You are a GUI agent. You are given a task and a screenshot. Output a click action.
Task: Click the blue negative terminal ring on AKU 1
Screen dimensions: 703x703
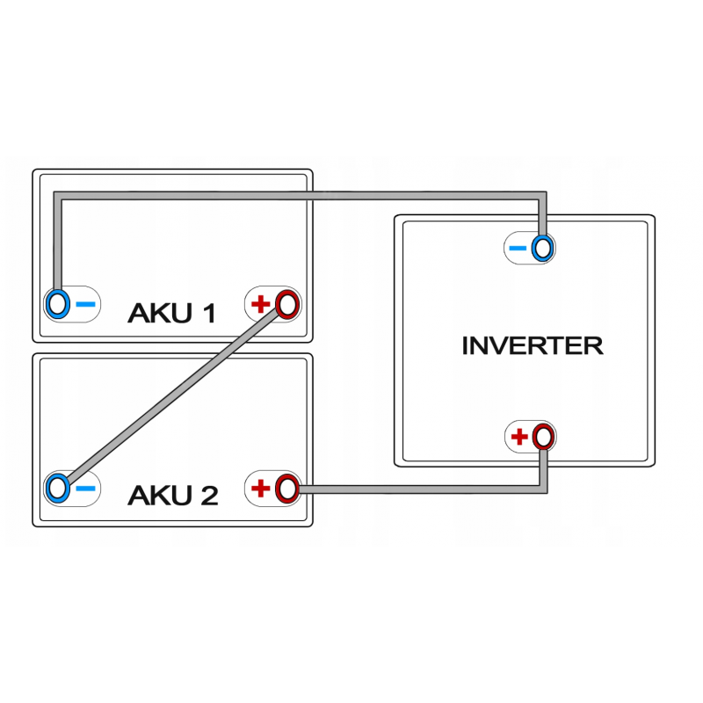click(58, 304)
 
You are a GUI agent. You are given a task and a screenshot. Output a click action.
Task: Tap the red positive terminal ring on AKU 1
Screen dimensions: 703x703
click(286, 304)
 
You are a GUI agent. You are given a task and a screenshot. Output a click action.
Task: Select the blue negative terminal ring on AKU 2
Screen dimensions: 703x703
click(58, 488)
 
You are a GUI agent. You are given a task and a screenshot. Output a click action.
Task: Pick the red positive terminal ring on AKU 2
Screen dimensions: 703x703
click(286, 488)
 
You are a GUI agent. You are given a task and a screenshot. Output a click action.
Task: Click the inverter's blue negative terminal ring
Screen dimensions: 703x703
click(542, 249)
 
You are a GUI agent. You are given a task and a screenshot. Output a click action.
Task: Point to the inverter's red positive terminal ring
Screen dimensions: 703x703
click(543, 436)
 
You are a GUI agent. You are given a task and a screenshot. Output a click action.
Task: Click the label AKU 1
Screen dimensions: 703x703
click(172, 313)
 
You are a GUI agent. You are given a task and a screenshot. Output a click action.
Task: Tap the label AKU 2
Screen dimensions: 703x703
click(172, 496)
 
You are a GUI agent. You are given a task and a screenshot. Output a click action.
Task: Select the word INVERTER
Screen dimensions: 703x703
click(533, 345)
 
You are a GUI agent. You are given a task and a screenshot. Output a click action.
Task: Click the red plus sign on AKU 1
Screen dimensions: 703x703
click(260, 305)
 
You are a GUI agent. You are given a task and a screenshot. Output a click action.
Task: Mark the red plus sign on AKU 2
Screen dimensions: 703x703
click(260, 489)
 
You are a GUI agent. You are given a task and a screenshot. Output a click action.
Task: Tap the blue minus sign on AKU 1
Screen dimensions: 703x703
click(85, 305)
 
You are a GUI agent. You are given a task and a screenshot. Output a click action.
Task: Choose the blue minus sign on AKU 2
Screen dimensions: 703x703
click(85, 489)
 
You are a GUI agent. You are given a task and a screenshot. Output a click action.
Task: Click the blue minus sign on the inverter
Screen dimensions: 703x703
click(518, 250)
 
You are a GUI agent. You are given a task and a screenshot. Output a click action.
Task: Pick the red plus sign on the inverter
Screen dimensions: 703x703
click(519, 436)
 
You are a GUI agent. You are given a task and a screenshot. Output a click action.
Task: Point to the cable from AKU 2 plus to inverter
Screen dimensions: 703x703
click(422, 488)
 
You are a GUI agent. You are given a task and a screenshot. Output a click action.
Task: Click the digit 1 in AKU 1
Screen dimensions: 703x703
click(207, 313)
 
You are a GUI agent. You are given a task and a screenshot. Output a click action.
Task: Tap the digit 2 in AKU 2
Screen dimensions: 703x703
click(207, 496)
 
